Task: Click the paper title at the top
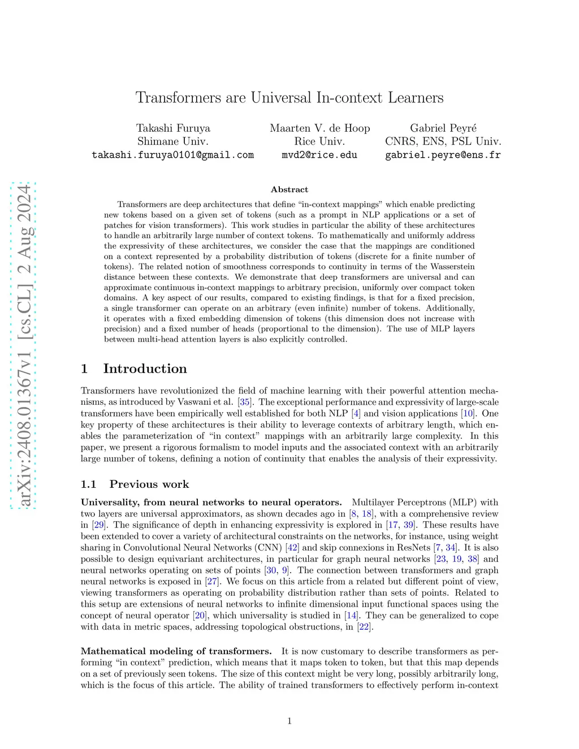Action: point(289,98)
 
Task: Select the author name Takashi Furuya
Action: point(173,128)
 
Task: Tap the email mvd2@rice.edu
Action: point(319,155)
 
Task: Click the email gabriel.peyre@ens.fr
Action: point(443,155)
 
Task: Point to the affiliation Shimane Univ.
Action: point(173,141)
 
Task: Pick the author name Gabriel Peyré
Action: point(443,128)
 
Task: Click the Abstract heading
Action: point(289,189)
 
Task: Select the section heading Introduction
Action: point(145,369)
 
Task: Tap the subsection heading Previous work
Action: point(149,484)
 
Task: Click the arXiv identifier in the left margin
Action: point(24,345)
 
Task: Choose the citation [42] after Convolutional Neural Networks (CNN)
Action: point(292,547)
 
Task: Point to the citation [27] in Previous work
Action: point(212,581)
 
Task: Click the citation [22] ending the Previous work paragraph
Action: point(365,626)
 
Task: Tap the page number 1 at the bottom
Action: point(289,721)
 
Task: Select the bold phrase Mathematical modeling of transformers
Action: point(176,651)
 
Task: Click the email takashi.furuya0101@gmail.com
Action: point(173,155)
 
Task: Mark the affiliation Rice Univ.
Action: point(319,141)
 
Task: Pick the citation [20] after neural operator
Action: point(200,615)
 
